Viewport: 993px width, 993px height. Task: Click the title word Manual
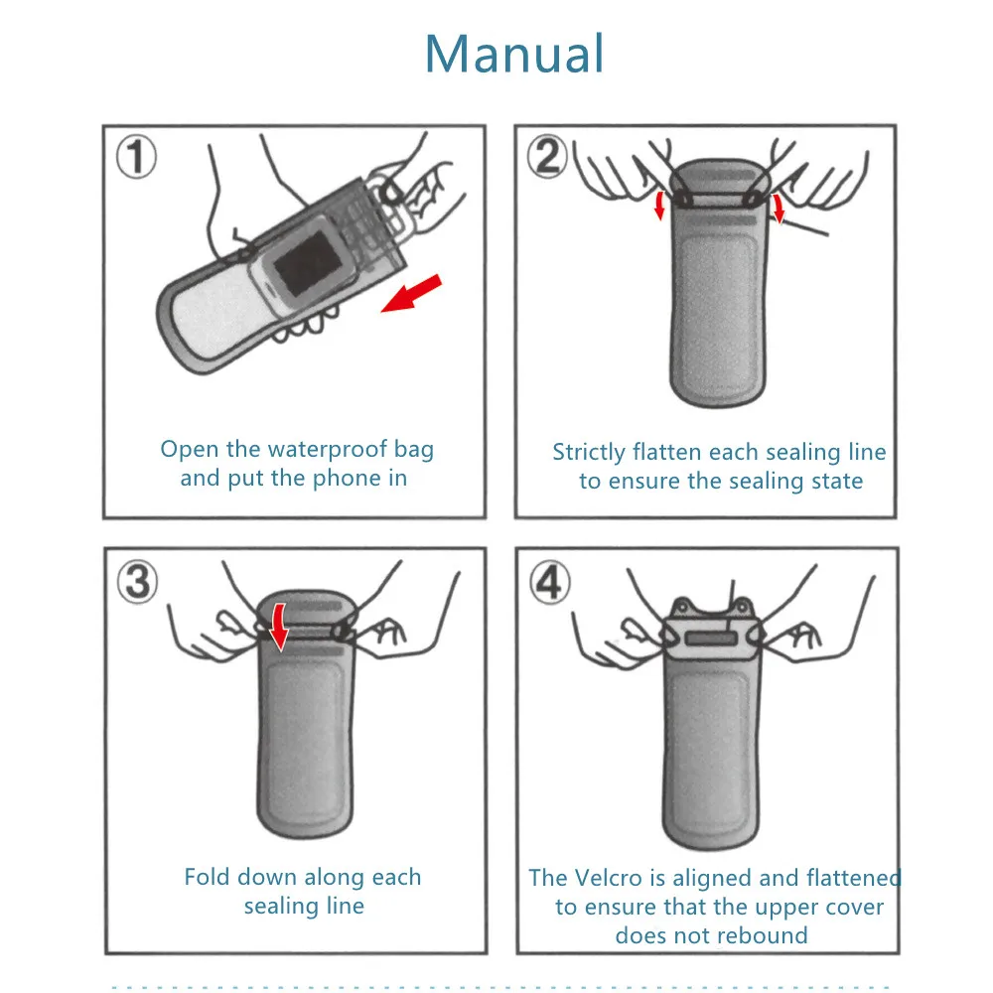(514, 54)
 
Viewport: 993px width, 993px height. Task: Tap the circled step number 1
(136, 158)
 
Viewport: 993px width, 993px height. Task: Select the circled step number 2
(547, 157)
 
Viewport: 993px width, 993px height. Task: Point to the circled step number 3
(136, 581)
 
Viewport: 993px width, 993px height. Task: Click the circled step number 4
(548, 582)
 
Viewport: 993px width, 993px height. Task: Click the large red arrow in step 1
(411, 294)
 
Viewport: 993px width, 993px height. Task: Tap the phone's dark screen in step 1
(306, 270)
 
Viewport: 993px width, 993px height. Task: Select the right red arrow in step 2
(780, 209)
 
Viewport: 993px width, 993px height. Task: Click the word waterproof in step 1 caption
(327, 450)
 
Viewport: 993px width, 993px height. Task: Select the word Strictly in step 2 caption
(589, 453)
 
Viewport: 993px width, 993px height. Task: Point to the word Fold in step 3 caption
(206, 877)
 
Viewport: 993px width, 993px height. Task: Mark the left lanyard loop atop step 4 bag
(682, 605)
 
